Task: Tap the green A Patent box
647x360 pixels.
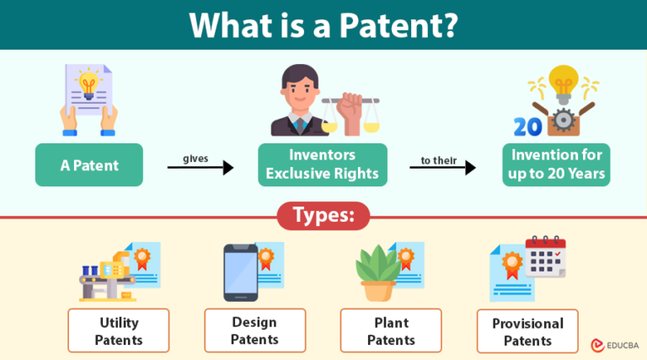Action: point(88,165)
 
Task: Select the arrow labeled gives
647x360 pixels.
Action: point(201,167)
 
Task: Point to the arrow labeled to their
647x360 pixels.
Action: point(442,167)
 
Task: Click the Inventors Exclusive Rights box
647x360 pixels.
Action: point(323,165)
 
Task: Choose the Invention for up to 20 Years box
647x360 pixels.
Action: point(556,165)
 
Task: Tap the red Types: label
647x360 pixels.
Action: point(323,216)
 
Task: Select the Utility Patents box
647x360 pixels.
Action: point(119,331)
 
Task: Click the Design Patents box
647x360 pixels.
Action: point(254,330)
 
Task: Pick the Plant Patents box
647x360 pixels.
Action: point(391,331)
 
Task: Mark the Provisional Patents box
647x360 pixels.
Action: point(527,331)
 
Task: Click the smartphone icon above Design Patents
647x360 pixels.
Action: point(240,272)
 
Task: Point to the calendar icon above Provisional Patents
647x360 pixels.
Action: point(544,257)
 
